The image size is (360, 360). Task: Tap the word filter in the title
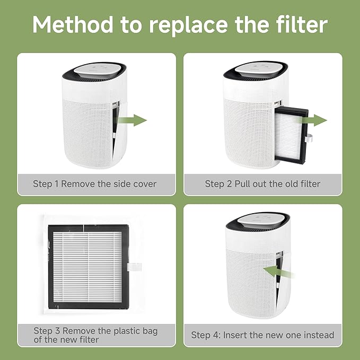coord(300,25)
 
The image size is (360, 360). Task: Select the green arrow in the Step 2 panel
coord(318,120)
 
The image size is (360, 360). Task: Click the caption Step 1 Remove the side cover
coord(95,184)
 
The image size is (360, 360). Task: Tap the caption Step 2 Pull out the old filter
coord(262,184)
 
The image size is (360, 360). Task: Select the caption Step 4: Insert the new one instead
coord(262,335)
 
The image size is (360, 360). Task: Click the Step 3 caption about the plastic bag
coord(95,335)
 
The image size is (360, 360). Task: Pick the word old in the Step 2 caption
coord(284,184)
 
